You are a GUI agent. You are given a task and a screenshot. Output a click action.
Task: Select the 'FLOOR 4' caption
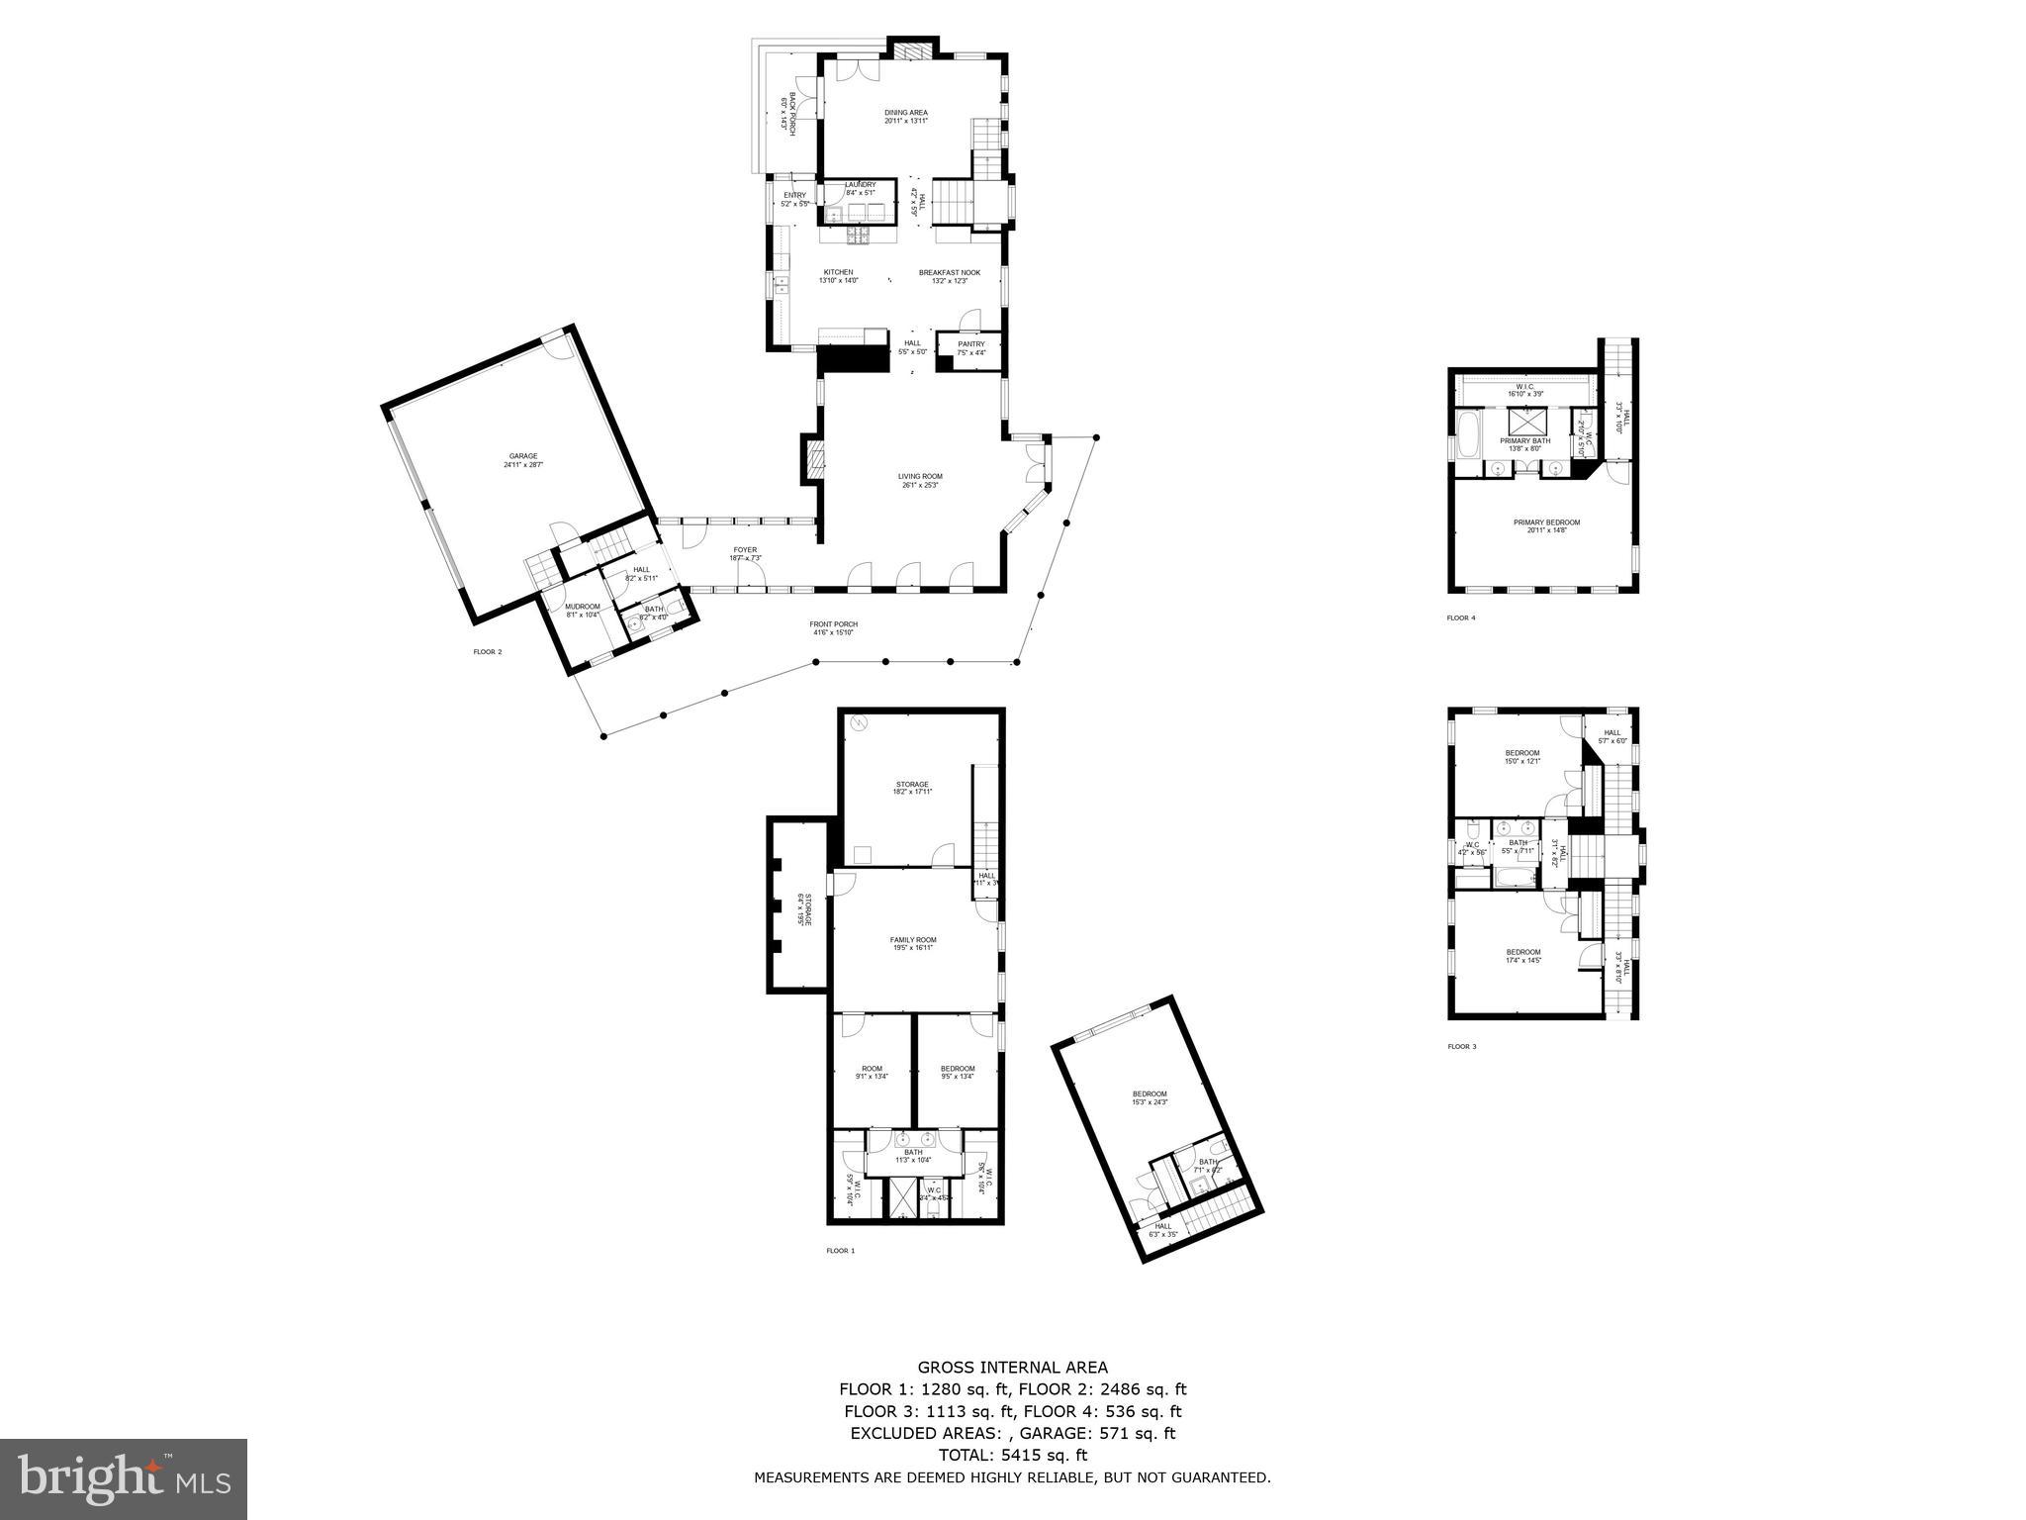(x=1460, y=618)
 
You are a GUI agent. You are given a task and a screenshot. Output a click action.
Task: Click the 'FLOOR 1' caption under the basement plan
(x=840, y=1251)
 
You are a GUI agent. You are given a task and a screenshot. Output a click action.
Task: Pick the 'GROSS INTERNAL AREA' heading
(x=1012, y=1368)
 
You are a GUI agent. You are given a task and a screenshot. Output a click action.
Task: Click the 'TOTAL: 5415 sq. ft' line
(x=1012, y=1455)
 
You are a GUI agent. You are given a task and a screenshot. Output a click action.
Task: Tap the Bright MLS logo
(x=124, y=1478)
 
